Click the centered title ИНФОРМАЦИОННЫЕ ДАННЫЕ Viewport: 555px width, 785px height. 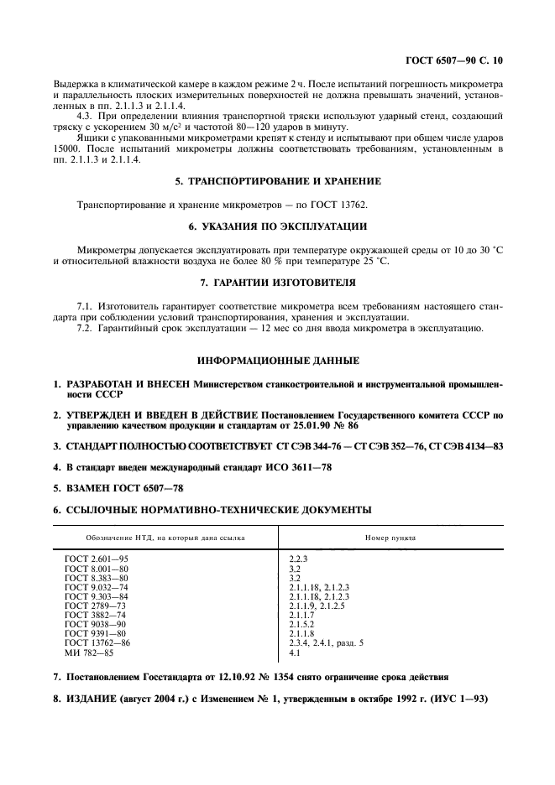[x=277, y=361]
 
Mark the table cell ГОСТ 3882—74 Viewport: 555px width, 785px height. [x=95, y=615]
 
